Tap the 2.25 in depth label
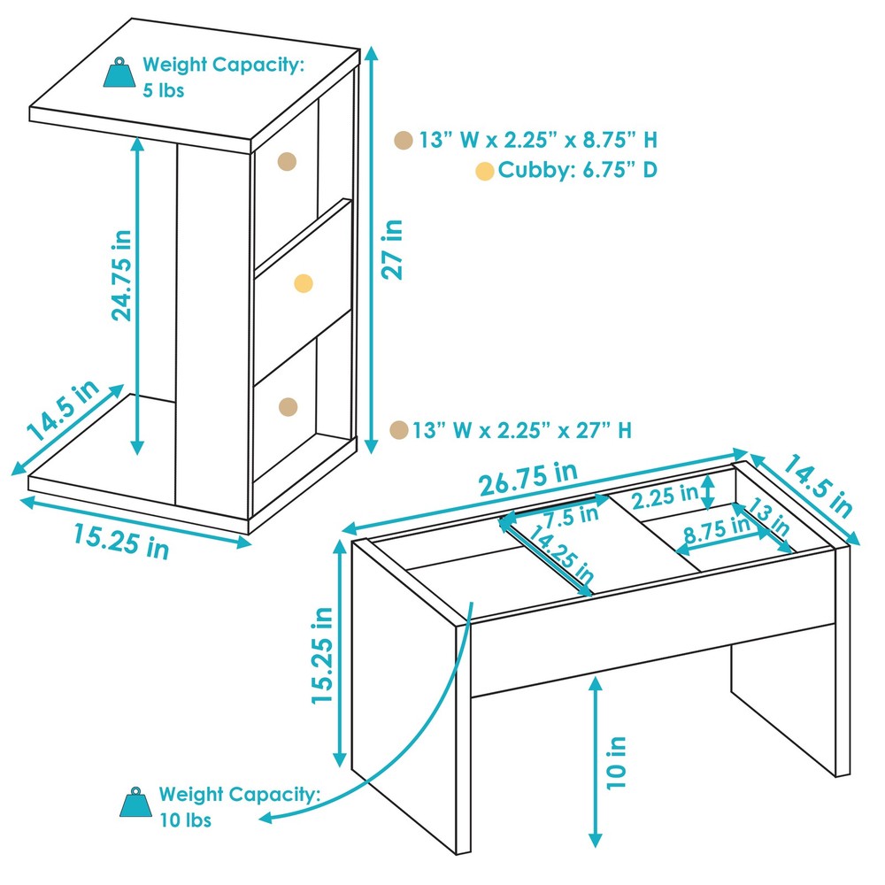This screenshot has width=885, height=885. [666, 496]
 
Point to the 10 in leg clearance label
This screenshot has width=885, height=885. [617, 762]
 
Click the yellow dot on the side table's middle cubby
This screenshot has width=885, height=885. [304, 283]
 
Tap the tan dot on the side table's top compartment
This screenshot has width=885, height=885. [287, 160]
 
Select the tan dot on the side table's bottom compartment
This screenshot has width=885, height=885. [288, 406]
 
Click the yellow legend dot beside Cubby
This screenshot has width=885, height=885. [484, 172]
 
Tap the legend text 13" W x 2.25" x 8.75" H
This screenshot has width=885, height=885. [538, 140]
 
